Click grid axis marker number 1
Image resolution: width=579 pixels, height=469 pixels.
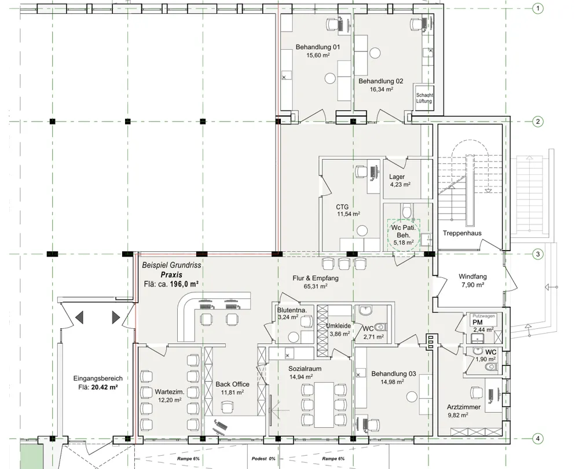538,8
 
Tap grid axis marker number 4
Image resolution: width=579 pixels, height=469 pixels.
538,439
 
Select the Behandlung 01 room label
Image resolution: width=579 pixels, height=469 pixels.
317,47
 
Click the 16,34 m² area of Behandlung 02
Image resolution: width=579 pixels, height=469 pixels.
381,89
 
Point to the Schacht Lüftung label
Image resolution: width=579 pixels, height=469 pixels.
424,98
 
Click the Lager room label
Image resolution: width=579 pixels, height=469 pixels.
397,177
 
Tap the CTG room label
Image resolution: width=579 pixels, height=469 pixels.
342,207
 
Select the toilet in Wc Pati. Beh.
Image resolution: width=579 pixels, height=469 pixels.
406,211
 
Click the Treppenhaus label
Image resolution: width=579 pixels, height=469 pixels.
462,233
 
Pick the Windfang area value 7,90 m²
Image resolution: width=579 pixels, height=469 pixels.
472,285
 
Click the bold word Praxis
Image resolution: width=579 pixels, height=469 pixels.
171,275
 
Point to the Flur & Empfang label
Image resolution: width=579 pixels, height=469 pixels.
316,278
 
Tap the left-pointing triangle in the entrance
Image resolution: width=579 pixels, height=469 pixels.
79,317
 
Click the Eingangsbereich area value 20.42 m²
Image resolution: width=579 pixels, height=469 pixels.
104,387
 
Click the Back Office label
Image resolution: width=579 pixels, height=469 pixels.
232,384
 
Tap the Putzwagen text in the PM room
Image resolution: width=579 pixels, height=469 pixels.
483,316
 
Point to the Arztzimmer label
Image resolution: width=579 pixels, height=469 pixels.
463,407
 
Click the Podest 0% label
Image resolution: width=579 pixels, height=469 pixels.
263,459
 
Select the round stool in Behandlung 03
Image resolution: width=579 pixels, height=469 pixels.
412,397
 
